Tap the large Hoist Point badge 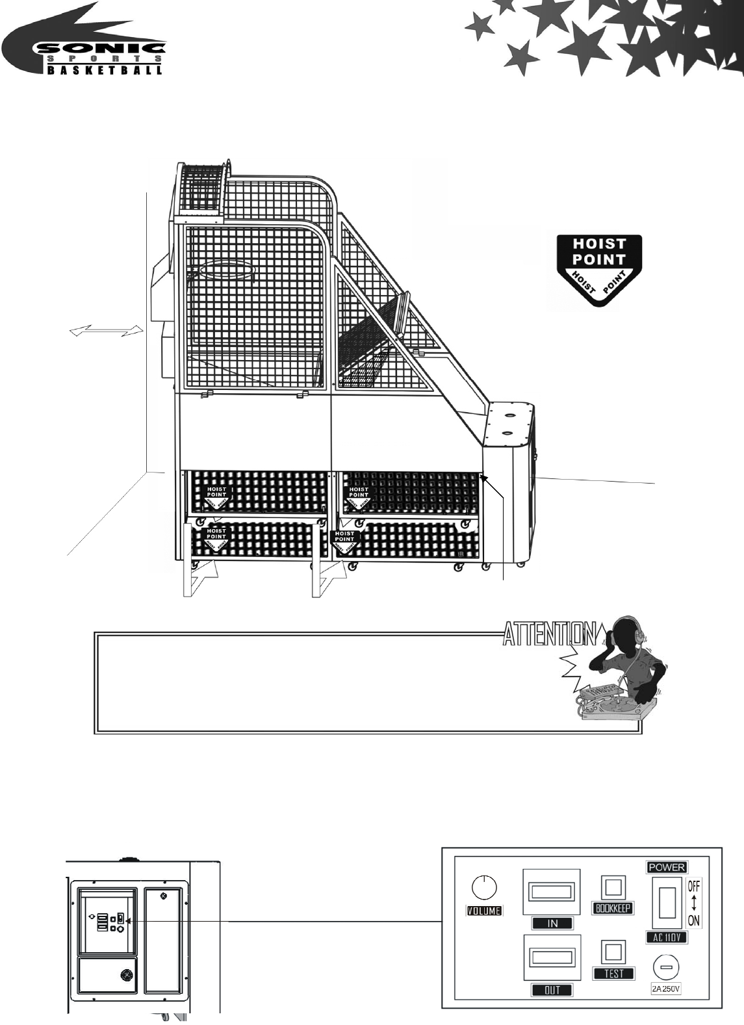tap(598, 269)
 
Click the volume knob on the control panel tap(485, 887)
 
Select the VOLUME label tap(485, 911)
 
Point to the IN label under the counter tap(552, 923)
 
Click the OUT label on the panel tap(552, 990)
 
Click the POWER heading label tap(667, 867)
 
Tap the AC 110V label tap(667, 937)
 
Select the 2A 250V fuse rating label tap(666, 989)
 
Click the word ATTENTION tap(550, 634)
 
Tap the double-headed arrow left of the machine tap(107, 331)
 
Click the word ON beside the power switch tap(694, 921)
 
